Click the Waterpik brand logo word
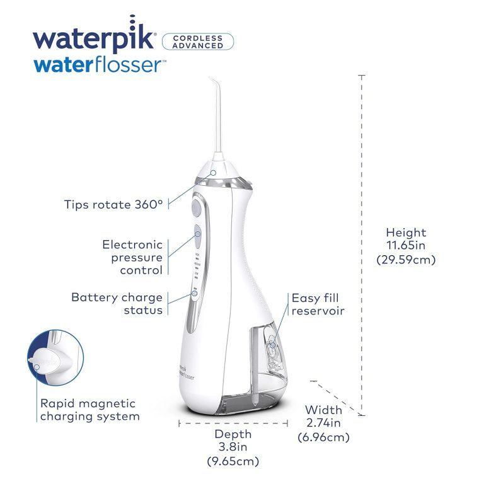93,35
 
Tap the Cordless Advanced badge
198,42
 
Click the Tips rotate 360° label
113,204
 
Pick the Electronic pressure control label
132,257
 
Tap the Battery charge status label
117,303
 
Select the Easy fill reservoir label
318,304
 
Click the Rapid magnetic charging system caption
90,410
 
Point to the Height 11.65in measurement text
406,246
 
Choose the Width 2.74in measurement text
323,423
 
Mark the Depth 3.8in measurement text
233,447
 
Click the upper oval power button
196,208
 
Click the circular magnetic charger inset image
55,357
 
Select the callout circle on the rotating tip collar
213,173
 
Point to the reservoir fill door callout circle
272,345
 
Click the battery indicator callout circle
195,293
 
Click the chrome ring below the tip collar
223,183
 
